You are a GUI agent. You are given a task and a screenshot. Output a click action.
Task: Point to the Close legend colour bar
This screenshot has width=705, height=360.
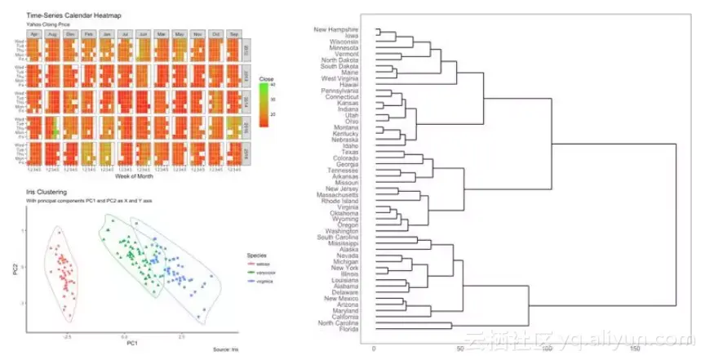[264, 100]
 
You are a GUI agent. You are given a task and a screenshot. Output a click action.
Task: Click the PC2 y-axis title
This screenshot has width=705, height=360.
[16, 267]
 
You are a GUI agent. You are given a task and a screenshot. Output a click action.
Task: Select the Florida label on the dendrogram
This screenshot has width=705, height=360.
[348, 330]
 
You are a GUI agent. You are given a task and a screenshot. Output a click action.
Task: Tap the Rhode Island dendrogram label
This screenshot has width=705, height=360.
[341, 201]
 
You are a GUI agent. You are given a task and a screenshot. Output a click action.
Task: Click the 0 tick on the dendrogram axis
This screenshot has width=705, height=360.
[374, 349]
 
